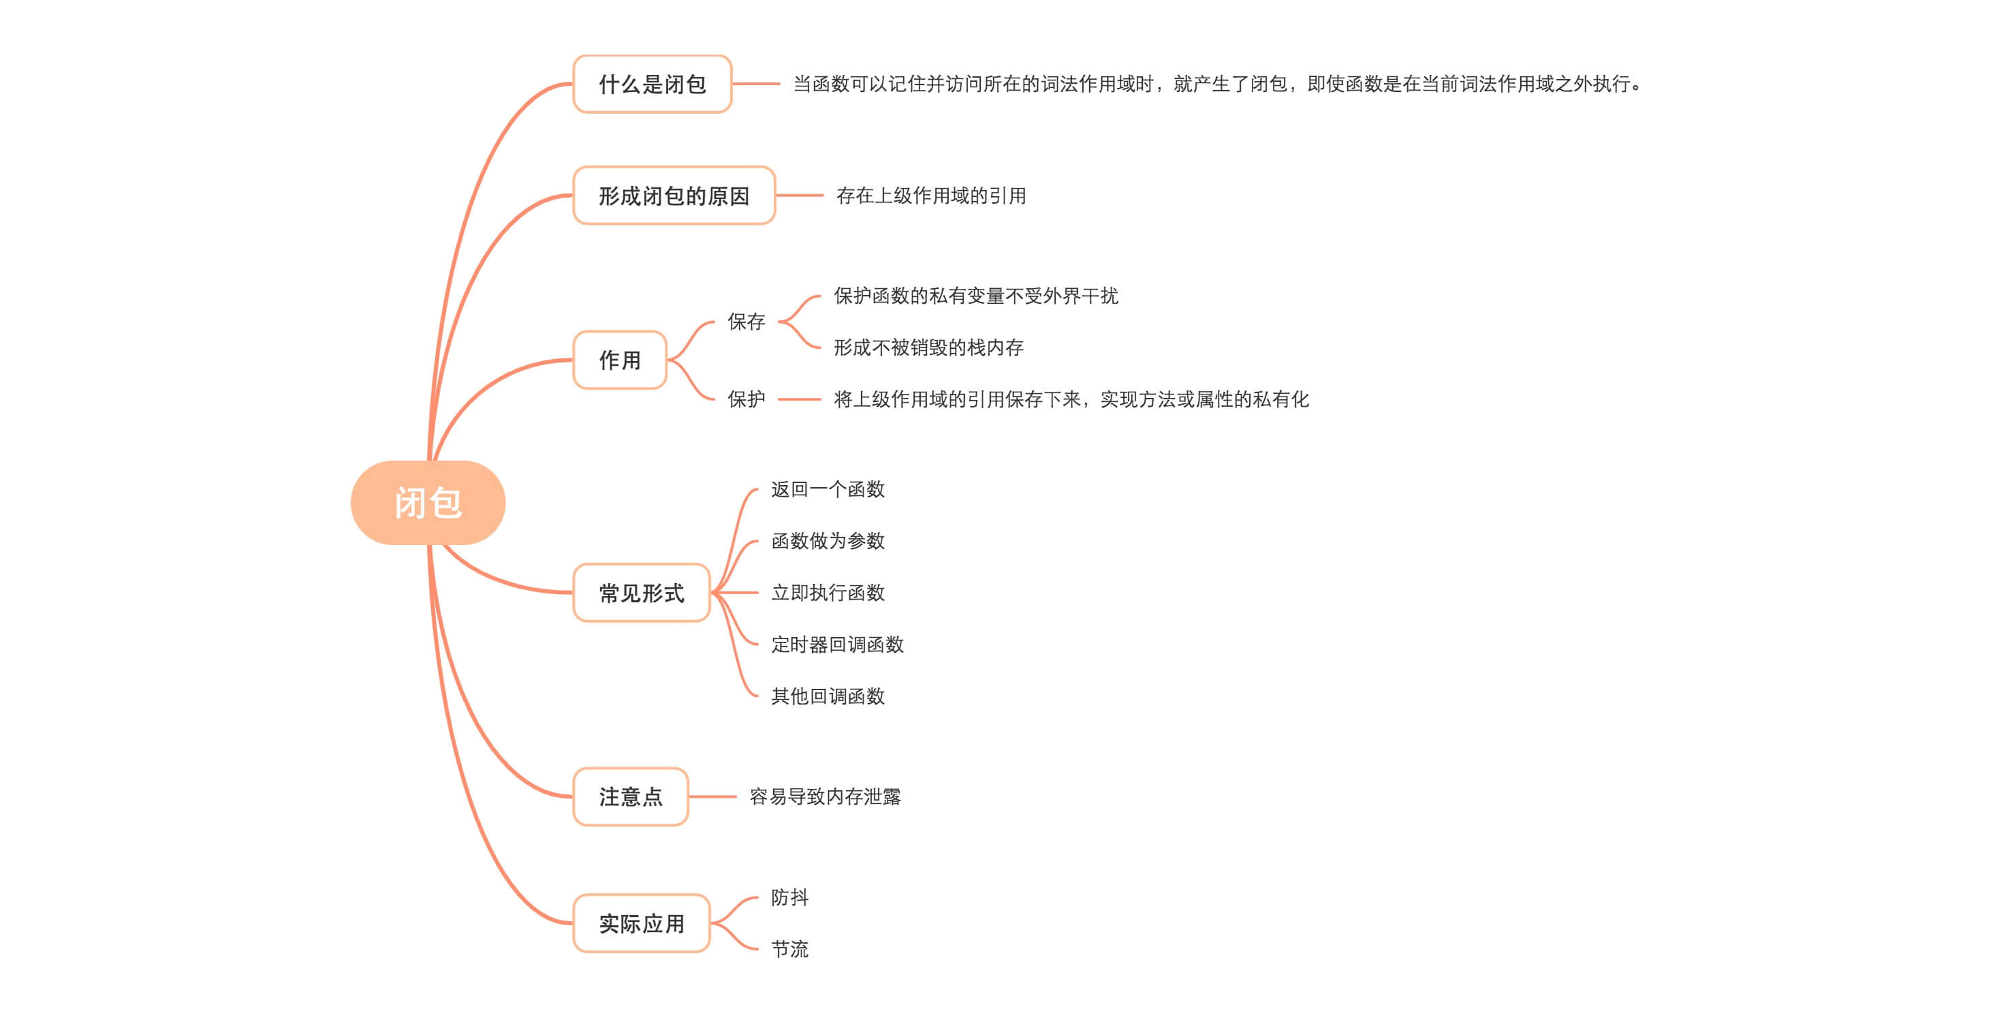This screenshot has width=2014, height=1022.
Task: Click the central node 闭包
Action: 428,503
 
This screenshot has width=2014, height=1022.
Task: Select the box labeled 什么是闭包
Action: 652,84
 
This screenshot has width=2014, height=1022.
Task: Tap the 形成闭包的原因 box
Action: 674,196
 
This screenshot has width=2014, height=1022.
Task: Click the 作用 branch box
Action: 619,360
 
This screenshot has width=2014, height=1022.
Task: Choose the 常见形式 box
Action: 641,593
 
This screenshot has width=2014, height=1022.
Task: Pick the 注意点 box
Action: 630,796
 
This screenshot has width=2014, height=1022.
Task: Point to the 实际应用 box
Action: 641,923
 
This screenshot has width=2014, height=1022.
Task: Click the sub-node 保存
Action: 746,322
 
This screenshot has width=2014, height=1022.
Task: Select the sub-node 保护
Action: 746,399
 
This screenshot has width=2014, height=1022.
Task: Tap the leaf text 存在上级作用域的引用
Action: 930,196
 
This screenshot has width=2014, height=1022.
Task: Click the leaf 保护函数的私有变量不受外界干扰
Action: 976,296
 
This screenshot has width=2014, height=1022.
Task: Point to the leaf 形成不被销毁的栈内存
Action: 928,347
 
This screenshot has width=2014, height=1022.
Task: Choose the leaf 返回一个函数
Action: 827,489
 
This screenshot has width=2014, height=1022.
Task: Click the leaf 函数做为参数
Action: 827,541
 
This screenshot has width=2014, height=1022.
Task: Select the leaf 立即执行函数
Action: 827,593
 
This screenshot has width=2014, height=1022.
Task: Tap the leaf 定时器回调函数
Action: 836,645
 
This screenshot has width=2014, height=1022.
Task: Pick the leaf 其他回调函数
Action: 827,696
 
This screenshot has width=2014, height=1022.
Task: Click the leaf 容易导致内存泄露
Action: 825,796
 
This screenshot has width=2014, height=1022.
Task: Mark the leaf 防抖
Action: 789,898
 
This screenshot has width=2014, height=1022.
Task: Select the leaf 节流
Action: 789,949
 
